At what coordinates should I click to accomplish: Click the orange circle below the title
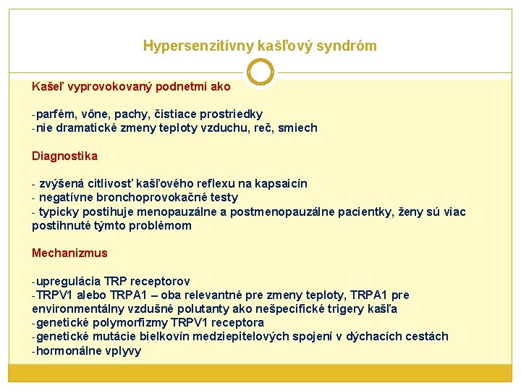tap(260, 72)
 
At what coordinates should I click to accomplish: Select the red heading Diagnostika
tap(64, 156)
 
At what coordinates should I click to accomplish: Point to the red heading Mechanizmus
tap(69, 253)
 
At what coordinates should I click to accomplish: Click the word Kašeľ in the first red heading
tap(47, 87)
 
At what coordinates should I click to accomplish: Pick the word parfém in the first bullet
tap(55, 114)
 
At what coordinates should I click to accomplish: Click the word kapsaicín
tap(281, 184)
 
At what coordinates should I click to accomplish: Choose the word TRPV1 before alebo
tap(56, 295)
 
